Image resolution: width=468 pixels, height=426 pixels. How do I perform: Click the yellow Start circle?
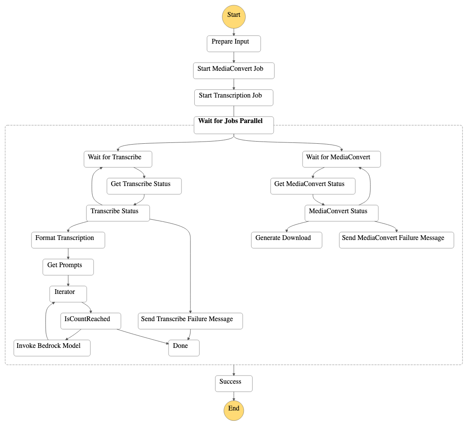(234, 16)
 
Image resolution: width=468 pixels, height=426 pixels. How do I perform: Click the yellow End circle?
(234, 409)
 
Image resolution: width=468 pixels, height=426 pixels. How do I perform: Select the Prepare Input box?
(234, 44)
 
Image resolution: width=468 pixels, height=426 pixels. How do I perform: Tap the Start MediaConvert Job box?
(234, 70)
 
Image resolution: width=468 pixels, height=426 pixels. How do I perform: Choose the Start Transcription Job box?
(234, 98)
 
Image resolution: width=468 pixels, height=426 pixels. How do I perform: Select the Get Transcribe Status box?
(144, 186)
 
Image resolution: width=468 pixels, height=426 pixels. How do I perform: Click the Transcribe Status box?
(118, 213)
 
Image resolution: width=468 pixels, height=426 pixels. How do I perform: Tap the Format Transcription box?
(68, 240)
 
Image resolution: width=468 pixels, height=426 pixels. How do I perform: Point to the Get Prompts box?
(68, 267)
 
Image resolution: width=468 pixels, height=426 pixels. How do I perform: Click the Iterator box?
(68, 294)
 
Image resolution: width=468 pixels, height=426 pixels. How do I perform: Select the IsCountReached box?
(90, 321)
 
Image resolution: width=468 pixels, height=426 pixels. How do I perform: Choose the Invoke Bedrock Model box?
(52, 348)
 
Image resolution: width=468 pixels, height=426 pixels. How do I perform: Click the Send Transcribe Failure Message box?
(190, 321)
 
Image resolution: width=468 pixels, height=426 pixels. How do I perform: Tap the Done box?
(184, 348)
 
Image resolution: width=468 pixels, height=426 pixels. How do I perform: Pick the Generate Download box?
(287, 240)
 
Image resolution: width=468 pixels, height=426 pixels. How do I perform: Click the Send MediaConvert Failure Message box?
(396, 240)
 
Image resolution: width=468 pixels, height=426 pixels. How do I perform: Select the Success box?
(234, 383)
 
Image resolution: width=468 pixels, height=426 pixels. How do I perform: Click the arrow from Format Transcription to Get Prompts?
(68, 254)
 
